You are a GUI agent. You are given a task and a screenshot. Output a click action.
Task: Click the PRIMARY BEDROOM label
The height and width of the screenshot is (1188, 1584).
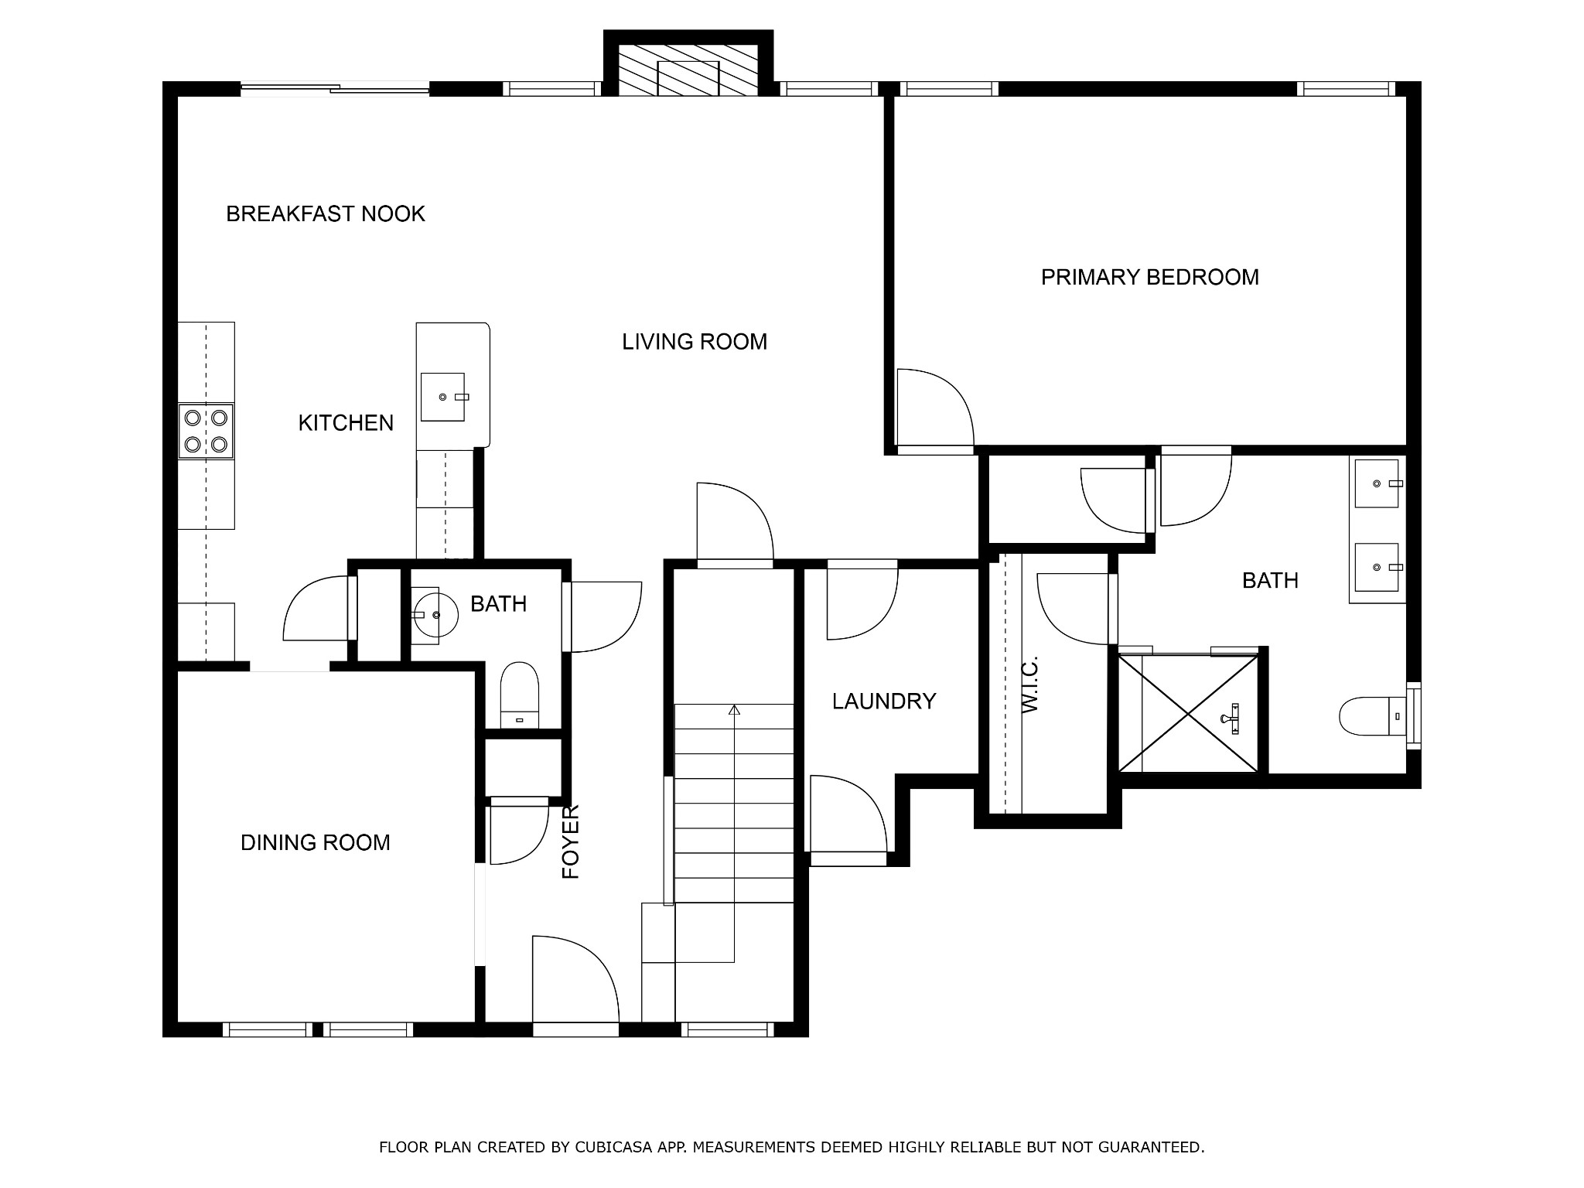pyautogui.click(x=1149, y=277)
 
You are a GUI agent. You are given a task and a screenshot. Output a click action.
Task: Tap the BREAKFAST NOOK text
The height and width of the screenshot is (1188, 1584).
pyautogui.click(x=326, y=213)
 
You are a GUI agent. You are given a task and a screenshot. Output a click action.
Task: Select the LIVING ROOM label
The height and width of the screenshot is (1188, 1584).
pyautogui.click(x=695, y=342)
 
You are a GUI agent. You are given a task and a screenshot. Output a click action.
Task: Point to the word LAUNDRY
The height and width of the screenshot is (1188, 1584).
pyautogui.click(x=884, y=702)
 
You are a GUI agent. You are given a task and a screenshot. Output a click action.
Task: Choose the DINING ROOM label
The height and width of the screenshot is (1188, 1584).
pyautogui.click(x=316, y=842)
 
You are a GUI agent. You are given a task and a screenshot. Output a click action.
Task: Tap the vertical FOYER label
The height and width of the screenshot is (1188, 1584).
pyautogui.click(x=571, y=841)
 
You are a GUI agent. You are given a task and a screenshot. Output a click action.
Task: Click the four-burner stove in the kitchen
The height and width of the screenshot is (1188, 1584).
pyautogui.click(x=206, y=432)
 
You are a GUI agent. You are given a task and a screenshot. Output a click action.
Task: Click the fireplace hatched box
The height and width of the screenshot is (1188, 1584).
pyautogui.click(x=688, y=70)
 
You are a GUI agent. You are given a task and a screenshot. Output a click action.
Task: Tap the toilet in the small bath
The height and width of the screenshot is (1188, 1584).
pyautogui.click(x=519, y=695)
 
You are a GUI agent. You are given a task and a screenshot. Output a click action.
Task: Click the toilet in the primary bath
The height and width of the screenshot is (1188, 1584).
pyautogui.click(x=1372, y=716)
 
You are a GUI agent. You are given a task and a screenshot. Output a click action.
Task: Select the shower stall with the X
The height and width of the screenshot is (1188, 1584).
pyautogui.click(x=1188, y=712)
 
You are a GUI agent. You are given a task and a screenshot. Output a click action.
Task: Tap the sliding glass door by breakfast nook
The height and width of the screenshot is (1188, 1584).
pyautogui.click(x=335, y=89)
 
